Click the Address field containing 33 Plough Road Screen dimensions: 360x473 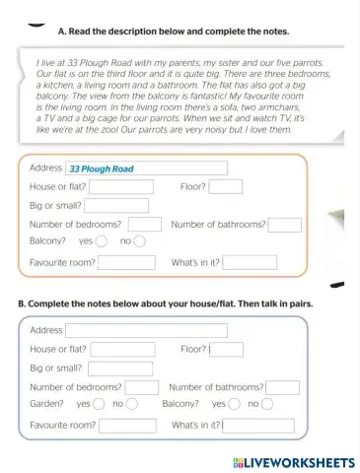coord(146,169)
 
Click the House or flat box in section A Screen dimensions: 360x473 coord(121,186)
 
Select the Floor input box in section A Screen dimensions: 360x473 coord(225,186)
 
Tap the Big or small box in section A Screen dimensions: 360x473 coord(116,205)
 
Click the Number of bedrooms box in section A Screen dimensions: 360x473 coord(144,224)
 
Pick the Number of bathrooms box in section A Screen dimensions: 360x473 coord(284,224)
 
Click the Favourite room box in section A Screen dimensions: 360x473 coord(126,262)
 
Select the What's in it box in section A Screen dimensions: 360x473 coord(250,262)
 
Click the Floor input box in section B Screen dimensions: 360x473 coord(226,349)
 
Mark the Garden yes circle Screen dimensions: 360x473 coord(100,404)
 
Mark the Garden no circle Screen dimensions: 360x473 coord(132,404)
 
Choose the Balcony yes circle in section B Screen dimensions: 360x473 coord(235,404)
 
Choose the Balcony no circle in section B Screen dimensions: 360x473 coord(267,404)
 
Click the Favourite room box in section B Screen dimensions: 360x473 coord(127,426)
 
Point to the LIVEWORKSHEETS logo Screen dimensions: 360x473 coord(294,461)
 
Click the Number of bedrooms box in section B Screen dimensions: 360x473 coord(143,387)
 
